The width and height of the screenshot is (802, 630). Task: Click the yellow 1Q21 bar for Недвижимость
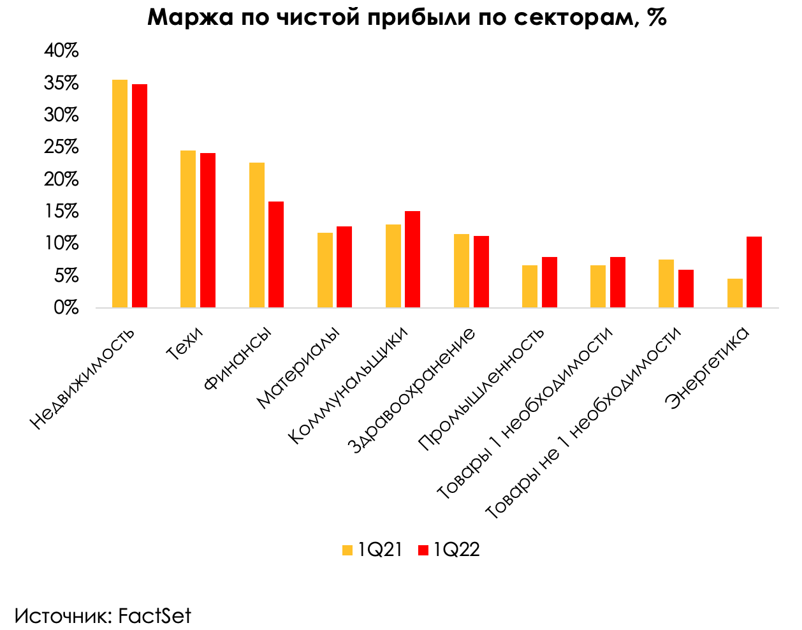[x=120, y=194]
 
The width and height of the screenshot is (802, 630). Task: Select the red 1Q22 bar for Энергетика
[x=754, y=272]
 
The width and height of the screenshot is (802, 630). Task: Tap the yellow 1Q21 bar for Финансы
[x=257, y=235]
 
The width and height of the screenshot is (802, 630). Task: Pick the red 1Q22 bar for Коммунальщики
[x=412, y=260]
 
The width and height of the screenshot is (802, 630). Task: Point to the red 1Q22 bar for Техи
[x=208, y=230]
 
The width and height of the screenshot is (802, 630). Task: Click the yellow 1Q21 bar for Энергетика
[x=735, y=293]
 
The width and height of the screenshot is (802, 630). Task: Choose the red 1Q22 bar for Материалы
[x=344, y=267]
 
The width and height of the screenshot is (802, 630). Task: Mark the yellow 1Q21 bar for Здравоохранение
[x=462, y=271]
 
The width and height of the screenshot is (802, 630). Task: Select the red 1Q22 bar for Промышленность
[x=550, y=282]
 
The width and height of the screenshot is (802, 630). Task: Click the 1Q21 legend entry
[x=372, y=550]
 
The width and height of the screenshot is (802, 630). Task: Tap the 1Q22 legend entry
[x=449, y=550]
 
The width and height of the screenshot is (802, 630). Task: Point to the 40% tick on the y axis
[x=61, y=51]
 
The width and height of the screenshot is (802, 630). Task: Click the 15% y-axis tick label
[x=61, y=212]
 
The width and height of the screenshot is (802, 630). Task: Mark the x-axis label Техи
[x=185, y=344]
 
